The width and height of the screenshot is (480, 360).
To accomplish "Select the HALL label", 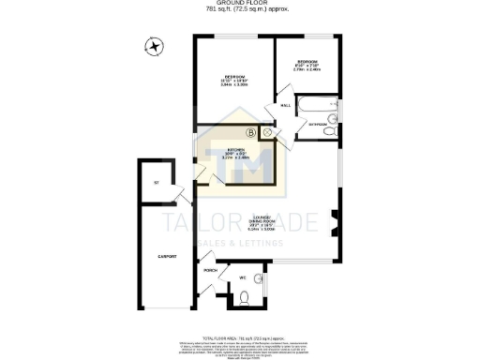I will click(285, 105).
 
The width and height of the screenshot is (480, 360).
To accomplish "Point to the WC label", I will click(242, 278).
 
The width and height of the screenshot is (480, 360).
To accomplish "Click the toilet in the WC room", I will click(244, 298).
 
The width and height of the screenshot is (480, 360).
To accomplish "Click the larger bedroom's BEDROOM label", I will click(233, 76).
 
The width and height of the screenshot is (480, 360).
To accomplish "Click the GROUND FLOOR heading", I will click(240, 3).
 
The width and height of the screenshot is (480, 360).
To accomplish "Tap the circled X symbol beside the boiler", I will click(266, 133).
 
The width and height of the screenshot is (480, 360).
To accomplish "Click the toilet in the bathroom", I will click(331, 131).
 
